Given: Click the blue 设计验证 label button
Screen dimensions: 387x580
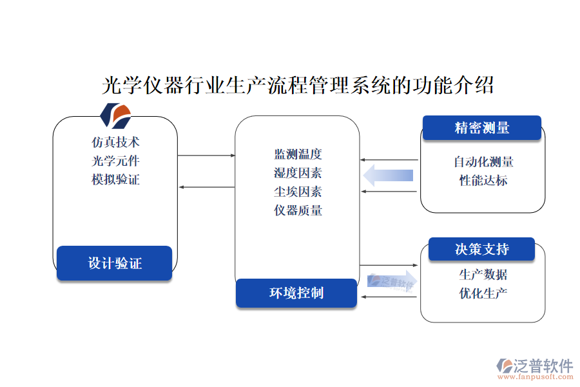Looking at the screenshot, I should pos(114,263).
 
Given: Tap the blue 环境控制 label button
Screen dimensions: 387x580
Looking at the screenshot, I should pos(296,293).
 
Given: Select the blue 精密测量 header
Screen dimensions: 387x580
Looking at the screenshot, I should pos(481,128).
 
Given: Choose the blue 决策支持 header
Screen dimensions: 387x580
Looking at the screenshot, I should pos(481,250).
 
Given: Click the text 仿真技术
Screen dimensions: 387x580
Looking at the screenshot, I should pos(115,141).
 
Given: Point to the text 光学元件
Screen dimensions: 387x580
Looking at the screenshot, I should pos(115,161).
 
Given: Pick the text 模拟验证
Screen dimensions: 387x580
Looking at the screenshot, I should pos(115,179).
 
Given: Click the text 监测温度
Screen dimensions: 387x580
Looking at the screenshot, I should pos(298,154).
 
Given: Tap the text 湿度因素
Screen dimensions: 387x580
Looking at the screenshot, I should pos(298,173).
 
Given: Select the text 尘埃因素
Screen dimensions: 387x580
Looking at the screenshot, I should pos(298,192).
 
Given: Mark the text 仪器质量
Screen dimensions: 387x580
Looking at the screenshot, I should pos(298,210).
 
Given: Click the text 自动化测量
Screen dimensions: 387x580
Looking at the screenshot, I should pos(483,161).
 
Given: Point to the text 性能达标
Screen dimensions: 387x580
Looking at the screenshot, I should pos(483,181).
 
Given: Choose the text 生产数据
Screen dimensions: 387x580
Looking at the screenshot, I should pos(483,275).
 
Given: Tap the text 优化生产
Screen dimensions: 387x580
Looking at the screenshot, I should pos(483,293).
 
